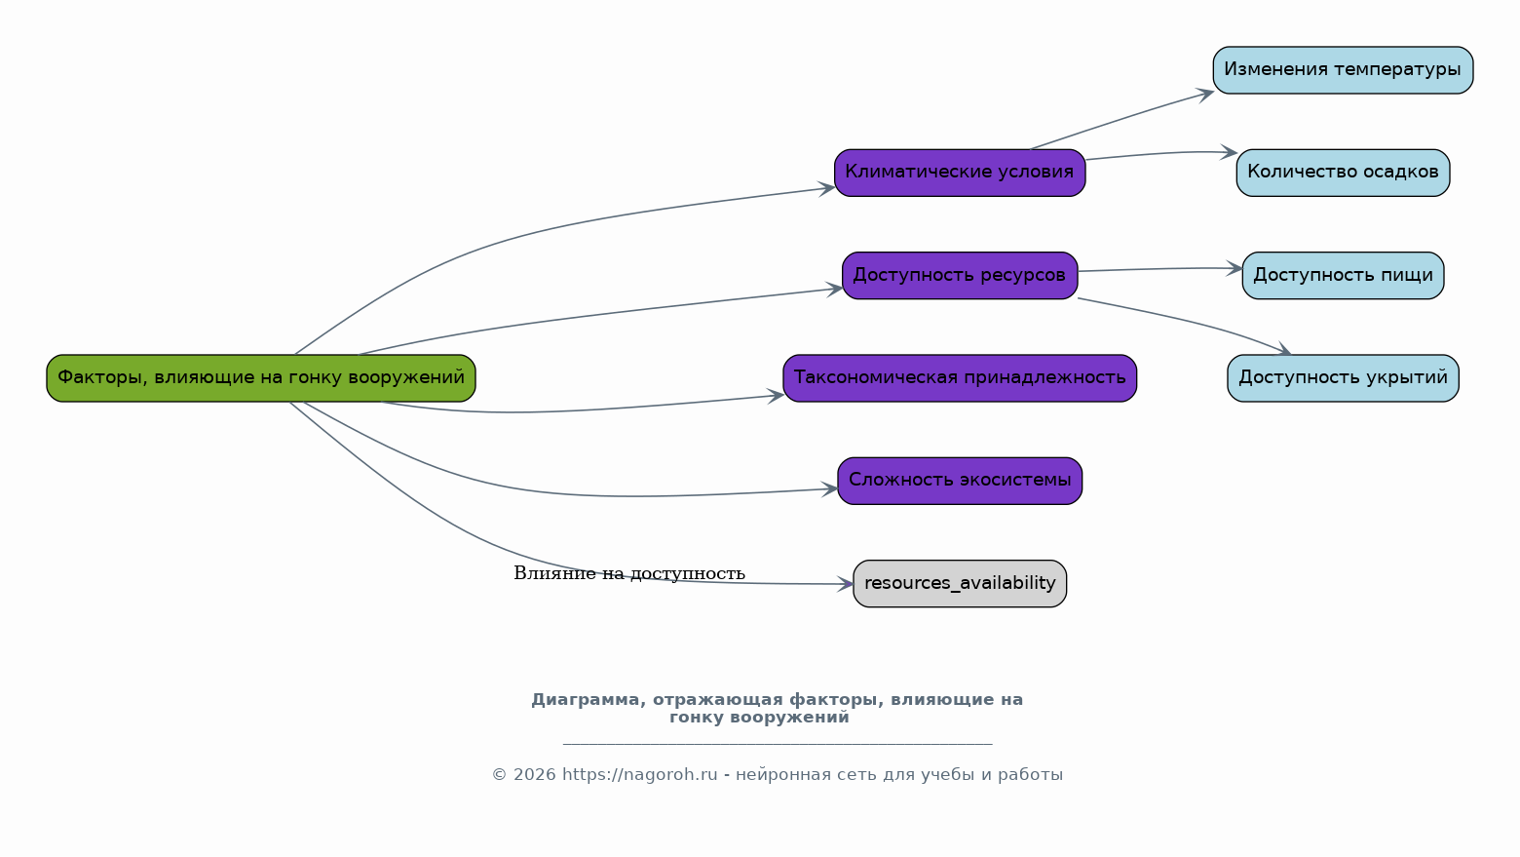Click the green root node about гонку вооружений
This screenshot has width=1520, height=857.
click(260, 378)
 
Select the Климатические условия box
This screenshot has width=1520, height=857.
click(960, 173)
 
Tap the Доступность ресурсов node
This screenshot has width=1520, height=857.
click(960, 275)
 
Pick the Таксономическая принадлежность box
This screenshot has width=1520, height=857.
click(960, 378)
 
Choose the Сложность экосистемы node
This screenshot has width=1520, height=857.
click(960, 481)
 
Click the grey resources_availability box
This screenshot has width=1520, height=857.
click(960, 583)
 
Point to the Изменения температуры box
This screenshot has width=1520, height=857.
click(1343, 70)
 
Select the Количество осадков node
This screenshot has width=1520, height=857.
click(1343, 173)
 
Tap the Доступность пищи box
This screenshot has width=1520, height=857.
click(1343, 275)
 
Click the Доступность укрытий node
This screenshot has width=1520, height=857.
click(1343, 378)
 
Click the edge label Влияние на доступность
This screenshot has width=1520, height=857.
click(629, 573)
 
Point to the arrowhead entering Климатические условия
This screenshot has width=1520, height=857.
click(826, 189)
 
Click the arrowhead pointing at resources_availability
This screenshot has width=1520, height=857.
click(845, 584)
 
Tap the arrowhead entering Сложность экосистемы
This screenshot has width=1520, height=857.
click(829, 488)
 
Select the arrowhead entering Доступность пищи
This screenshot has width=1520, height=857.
click(1235, 269)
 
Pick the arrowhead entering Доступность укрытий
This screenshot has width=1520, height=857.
click(1284, 348)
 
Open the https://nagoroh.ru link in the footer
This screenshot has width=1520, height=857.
click(639, 775)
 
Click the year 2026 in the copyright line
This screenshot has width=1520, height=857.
click(534, 775)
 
